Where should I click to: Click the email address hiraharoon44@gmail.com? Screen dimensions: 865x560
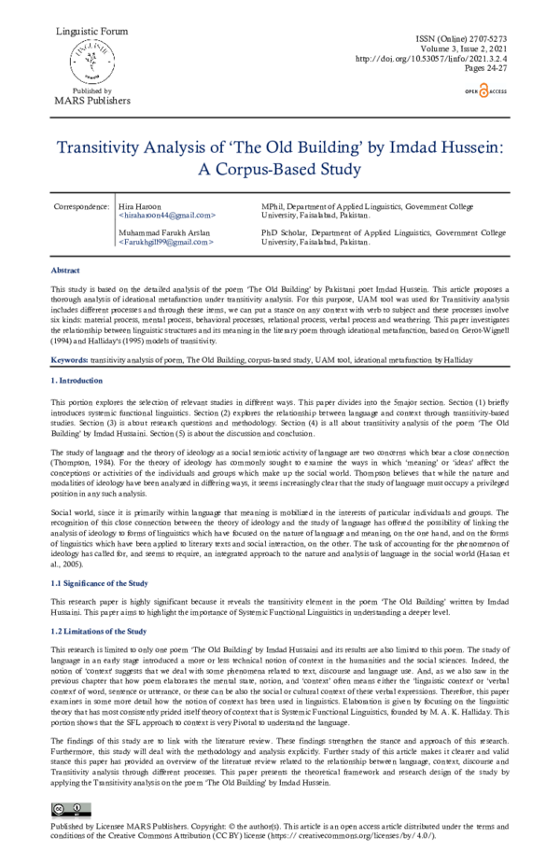(167, 216)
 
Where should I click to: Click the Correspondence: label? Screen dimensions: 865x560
(81, 205)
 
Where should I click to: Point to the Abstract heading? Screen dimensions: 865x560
(64, 270)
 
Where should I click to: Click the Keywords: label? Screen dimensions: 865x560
(69, 358)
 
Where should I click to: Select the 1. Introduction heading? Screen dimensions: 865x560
(77, 381)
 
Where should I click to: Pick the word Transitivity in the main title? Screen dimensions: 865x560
(107, 148)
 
